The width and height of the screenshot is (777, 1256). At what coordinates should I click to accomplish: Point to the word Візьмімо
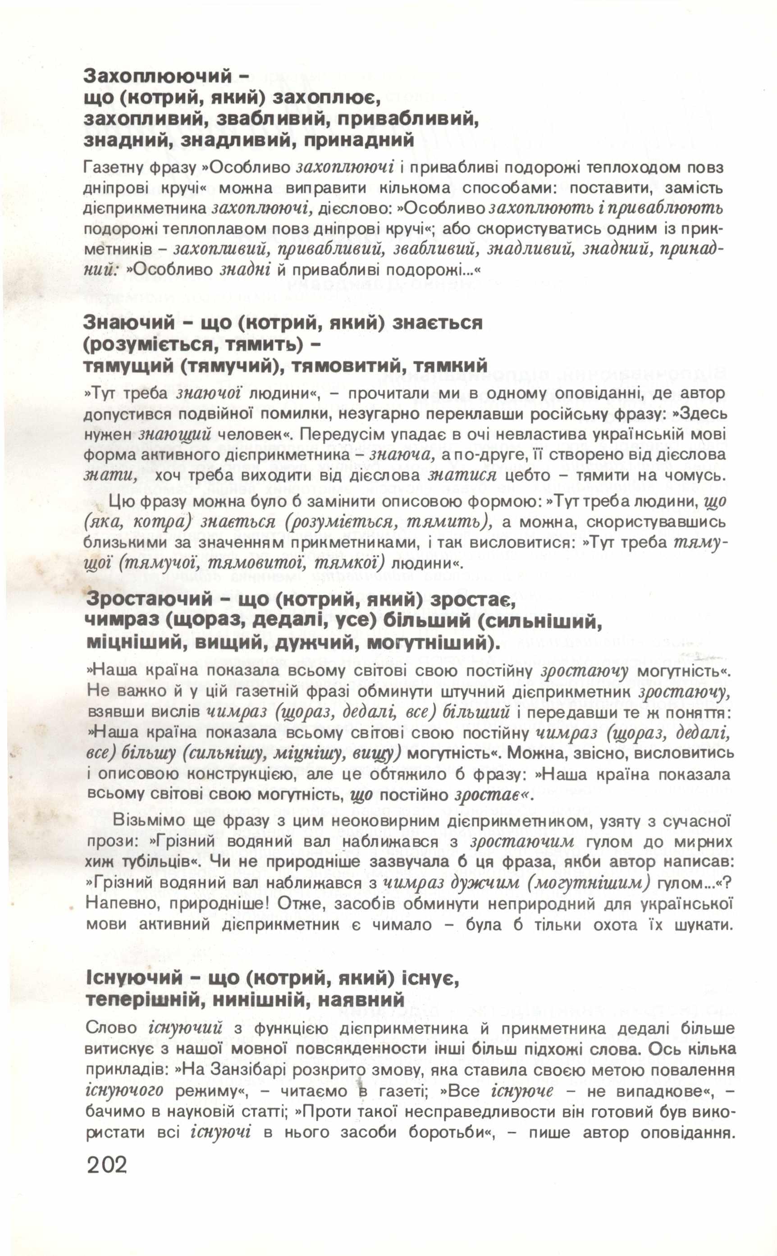pyautogui.click(x=144, y=820)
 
